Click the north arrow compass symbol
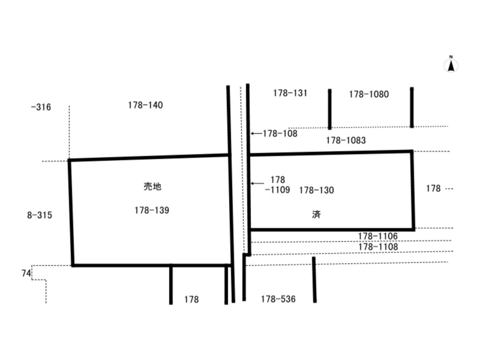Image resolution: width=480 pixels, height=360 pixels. pos(451,65)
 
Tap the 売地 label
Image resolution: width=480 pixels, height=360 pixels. pos(153,186)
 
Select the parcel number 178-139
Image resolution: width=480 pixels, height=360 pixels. pos(152,210)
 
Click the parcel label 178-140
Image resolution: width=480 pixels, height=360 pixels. pos(145,105)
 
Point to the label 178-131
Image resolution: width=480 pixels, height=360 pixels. pos(290,93)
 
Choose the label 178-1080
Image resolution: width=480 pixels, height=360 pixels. pos(369,94)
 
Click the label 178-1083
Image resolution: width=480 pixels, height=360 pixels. pos(346,140)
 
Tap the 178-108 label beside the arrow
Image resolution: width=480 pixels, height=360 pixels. pos(280,133)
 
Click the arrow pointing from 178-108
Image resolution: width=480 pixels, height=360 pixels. pos(256,133)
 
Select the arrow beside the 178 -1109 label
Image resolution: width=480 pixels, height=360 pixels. pos(257,183)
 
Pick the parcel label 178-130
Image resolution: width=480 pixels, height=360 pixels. pos(316,190)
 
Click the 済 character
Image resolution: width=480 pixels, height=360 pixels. pos(316,214)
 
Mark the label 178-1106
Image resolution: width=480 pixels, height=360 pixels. pos(378,236)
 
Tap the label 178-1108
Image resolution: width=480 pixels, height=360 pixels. pos(378,247)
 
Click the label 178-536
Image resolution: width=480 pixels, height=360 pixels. pos(278,299)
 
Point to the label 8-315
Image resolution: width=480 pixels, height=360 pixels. pos(40,215)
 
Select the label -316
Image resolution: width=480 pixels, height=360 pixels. pos(41,107)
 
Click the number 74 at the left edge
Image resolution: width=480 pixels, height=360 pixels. pos(26,273)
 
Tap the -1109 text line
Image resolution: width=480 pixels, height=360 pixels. pos(277,190)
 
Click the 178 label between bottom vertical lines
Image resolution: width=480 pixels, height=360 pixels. pos(192,300)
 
